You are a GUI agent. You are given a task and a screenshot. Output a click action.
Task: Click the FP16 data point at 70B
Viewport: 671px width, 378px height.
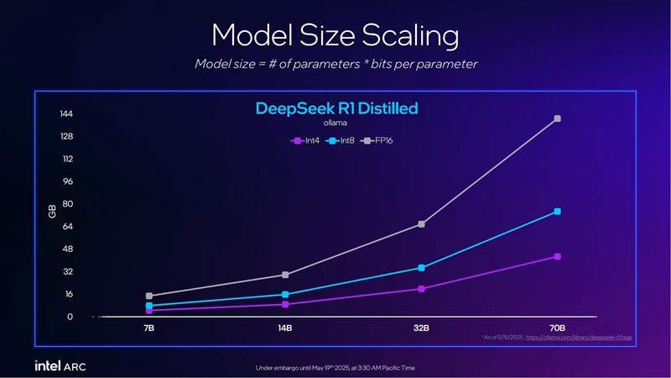[x=557, y=118]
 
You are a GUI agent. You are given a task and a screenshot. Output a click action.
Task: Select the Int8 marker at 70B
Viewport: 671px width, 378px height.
[x=557, y=212]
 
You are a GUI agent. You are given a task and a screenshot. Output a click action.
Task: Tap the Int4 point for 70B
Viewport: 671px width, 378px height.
[x=557, y=256]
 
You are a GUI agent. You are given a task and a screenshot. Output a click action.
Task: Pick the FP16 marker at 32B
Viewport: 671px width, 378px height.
[x=421, y=224]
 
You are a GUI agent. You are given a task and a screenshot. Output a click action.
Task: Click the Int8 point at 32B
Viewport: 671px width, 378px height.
[x=421, y=268]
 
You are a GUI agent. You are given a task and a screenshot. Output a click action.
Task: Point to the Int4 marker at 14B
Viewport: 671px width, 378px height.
[x=285, y=304]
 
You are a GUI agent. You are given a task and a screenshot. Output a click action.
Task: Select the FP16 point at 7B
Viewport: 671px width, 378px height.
[x=148, y=296]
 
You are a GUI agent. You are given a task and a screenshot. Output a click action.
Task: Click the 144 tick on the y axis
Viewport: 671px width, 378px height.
[x=66, y=114]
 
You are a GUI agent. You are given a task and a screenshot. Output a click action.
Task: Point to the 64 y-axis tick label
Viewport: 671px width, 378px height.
[x=68, y=227]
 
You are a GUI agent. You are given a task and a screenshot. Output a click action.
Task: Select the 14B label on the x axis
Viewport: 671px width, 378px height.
[x=285, y=328]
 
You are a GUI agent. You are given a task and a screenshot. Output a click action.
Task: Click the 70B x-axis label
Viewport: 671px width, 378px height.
[x=557, y=328]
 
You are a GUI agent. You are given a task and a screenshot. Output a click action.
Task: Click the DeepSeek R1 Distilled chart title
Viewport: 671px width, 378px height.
[x=335, y=109]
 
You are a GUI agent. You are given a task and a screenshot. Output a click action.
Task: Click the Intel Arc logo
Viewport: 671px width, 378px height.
[x=60, y=366]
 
